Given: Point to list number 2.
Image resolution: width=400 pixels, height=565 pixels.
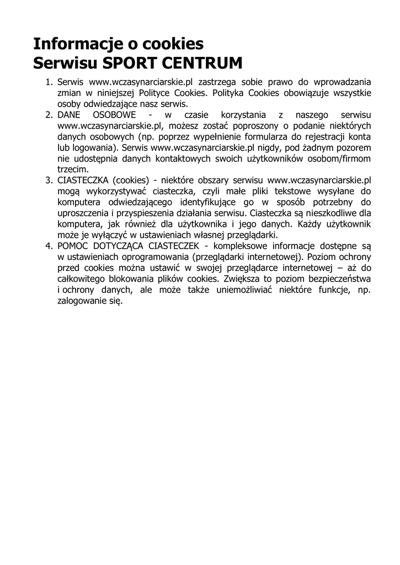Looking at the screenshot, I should (49, 115).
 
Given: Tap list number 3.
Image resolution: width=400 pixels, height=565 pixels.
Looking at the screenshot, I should (49, 180).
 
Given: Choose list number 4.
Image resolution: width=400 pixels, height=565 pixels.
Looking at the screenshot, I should (49, 245).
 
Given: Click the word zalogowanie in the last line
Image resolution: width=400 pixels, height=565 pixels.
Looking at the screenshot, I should (81, 301).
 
